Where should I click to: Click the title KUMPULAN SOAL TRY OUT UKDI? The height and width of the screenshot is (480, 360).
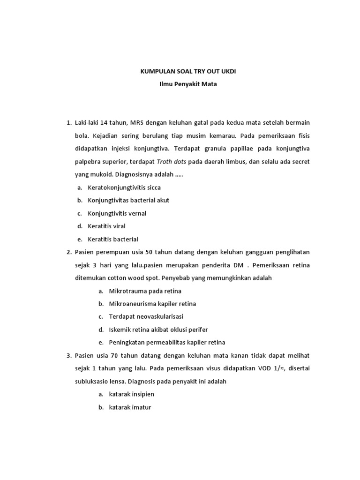[x=180, y=72]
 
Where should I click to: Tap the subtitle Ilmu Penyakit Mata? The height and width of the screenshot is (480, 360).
[x=180, y=85]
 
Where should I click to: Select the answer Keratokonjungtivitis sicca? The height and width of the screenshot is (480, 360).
[x=124, y=187]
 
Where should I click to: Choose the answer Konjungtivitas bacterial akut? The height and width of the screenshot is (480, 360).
[x=128, y=200]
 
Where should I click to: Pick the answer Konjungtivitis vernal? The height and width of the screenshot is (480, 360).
[x=117, y=213]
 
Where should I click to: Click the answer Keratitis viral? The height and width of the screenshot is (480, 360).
[x=106, y=226]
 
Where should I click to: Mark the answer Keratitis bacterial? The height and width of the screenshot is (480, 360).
[x=112, y=239]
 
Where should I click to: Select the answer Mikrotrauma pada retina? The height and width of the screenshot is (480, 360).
[x=145, y=291]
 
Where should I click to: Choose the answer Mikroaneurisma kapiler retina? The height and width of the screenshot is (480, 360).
[x=152, y=304]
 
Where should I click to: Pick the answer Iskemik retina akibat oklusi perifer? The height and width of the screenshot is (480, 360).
[x=158, y=330]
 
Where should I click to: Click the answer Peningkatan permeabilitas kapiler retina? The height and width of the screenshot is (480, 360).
[x=167, y=343]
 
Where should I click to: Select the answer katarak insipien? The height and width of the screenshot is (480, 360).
[x=131, y=394]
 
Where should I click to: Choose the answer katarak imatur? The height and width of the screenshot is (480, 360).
[x=130, y=407]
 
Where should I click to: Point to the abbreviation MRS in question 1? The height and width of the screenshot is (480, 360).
[x=137, y=123]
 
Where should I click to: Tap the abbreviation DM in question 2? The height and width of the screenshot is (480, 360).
[x=238, y=265]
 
